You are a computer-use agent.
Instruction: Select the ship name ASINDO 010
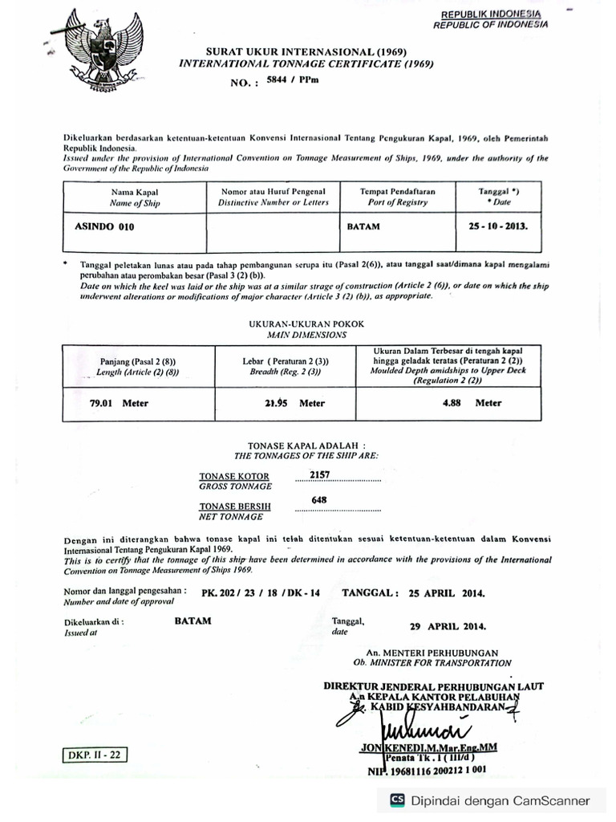pyautogui.click(x=105, y=227)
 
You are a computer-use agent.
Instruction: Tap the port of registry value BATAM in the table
pyautogui.click(x=363, y=227)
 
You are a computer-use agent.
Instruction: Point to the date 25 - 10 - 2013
pyautogui.click(x=498, y=226)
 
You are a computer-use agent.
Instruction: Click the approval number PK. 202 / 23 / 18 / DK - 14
pyautogui.click(x=261, y=593)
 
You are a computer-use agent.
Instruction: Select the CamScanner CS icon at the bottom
pyautogui.click(x=397, y=800)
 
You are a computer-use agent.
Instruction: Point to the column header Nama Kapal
pyautogui.click(x=135, y=193)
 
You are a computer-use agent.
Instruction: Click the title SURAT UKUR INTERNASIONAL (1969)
pyautogui.click(x=308, y=51)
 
